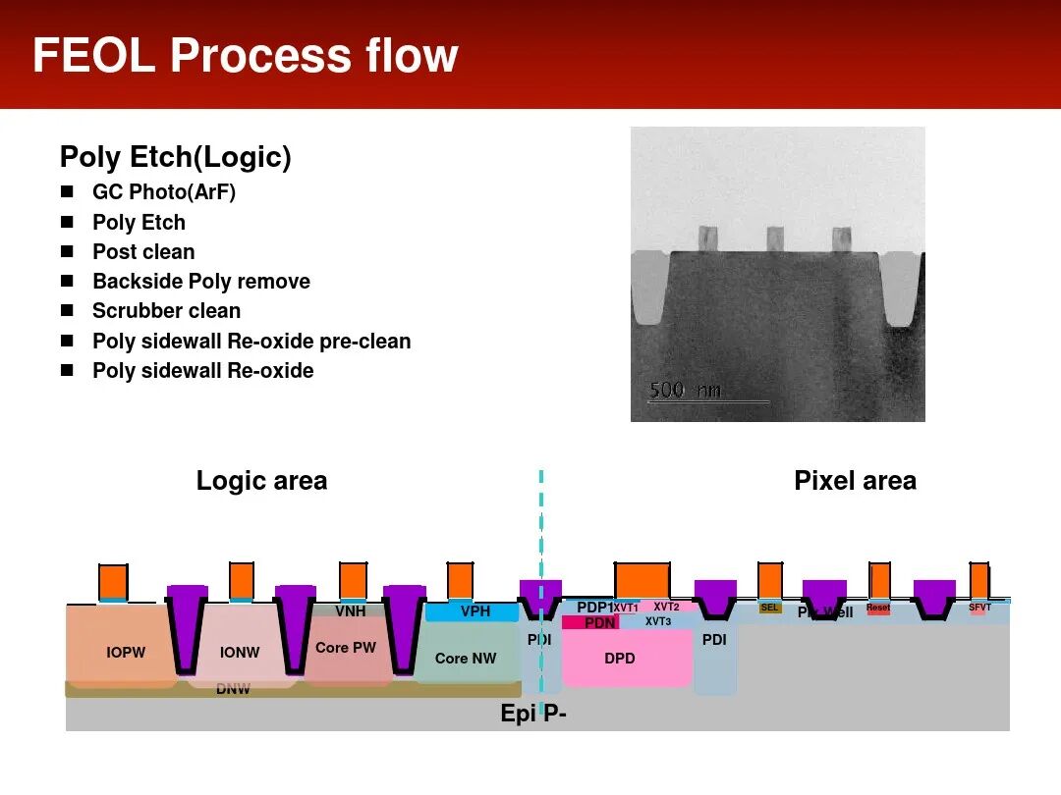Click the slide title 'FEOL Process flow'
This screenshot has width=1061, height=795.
(x=245, y=56)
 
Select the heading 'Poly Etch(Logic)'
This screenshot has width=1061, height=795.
(x=175, y=157)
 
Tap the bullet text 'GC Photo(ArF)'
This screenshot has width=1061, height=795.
(x=164, y=192)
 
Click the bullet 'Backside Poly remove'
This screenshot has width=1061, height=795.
(x=200, y=282)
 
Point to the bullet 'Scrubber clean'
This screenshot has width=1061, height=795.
(x=166, y=311)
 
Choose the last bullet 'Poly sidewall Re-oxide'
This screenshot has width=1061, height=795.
(x=202, y=371)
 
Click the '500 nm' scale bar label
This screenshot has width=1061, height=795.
(x=685, y=391)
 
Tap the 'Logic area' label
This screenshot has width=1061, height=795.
(x=261, y=481)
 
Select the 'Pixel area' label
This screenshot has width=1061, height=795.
(x=855, y=481)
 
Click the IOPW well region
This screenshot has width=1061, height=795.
(x=126, y=653)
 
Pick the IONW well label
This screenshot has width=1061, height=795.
(x=239, y=653)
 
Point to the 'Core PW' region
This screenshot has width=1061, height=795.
(x=346, y=648)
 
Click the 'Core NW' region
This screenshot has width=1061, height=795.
(x=466, y=659)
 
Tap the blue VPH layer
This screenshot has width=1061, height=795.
(x=475, y=612)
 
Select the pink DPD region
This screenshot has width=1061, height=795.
(x=620, y=659)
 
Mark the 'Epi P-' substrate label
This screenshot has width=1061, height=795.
(x=533, y=715)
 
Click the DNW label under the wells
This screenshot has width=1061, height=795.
(x=233, y=689)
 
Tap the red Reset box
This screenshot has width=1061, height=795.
(x=877, y=609)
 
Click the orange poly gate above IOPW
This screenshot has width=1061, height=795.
(x=113, y=580)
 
